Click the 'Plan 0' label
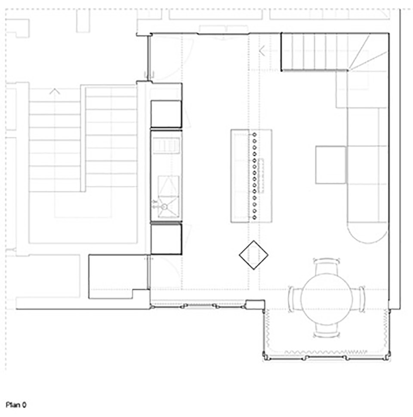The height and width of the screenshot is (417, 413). pyautogui.click(x=16, y=405)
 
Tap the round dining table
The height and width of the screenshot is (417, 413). pyautogui.click(x=327, y=299)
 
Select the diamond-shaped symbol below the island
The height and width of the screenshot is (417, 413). pyautogui.click(x=253, y=255)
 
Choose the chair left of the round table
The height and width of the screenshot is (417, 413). pyautogui.click(x=295, y=299)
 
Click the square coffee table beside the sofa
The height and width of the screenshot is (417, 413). pyautogui.click(x=330, y=165)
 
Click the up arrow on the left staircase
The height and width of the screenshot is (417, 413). pyautogui.click(x=55, y=91)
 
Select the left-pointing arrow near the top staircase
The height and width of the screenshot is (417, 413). pyautogui.click(x=262, y=51)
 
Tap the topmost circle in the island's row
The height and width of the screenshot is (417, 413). pyautogui.click(x=254, y=135)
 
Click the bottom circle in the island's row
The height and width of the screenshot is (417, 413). pyautogui.click(x=254, y=218)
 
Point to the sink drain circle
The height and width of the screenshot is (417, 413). pyautogui.click(x=164, y=206)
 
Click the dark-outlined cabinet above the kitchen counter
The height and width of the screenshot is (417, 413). pyautogui.click(x=166, y=114)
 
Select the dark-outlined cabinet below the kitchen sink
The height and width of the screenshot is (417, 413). pyautogui.click(x=166, y=239)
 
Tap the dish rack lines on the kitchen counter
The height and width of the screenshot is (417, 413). pyautogui.click(x=166, y=146)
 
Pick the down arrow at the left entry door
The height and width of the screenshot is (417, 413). pyautogui.click(x=149, y=75)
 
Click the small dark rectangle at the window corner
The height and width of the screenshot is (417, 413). pyautogui.click(x=255, y=304)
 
